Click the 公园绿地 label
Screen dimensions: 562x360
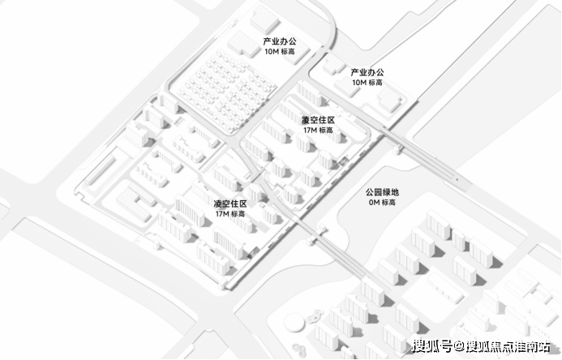(x=382, y=192)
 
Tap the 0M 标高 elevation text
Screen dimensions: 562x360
(x=382, y=203)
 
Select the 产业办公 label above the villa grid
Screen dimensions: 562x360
(x=280, y=41)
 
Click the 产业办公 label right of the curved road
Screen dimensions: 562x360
(x=367, y=72)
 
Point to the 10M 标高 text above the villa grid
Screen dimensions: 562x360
(x=280, y=52)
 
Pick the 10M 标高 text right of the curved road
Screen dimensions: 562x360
(x=367, y=83)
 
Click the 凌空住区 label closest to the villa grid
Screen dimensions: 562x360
(x=318, y=120)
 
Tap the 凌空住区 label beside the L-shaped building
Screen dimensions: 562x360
(x=230, y=204)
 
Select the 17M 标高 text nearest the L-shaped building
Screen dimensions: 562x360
(x=230, y=214)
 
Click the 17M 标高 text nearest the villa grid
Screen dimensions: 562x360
(x=318, y=130)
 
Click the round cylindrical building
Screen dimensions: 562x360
(x=294, y=322)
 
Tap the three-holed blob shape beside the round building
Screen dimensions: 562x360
(x=315, y=315)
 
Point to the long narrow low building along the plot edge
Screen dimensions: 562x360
(x=100, y=169)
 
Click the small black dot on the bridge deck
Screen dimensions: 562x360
(x=457, y=179)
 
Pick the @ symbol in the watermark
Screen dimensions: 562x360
(x=459, y=346)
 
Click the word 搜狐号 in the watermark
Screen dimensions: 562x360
(x=432, y=346)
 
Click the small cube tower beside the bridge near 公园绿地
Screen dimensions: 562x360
(x=397, y=148)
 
